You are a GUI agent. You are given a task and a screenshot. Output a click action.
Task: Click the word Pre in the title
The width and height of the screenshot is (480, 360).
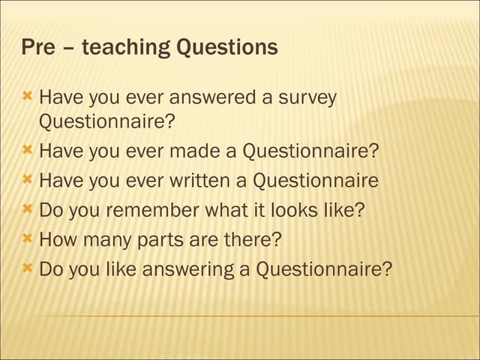tap(37, 48)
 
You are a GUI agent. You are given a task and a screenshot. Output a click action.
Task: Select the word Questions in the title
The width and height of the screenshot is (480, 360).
tap(227, 48)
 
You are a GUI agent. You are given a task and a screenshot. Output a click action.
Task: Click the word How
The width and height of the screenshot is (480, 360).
tap(55, 240)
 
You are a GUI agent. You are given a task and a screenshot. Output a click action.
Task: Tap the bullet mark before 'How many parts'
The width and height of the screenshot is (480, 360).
tap(27, 238)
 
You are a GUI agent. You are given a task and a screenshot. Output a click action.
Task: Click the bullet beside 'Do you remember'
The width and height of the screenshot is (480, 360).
tap(27, 208)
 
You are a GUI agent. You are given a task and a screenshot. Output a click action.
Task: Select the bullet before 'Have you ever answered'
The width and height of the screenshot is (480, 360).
tap(27, 97)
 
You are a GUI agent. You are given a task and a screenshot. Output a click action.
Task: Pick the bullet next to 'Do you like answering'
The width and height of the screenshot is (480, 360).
tap(27, 268)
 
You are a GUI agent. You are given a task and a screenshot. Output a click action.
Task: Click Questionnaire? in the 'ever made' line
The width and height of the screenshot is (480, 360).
tap(310, 151)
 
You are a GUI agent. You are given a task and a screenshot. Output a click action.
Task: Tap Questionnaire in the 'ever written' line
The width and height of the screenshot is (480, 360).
tap(315, 181)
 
